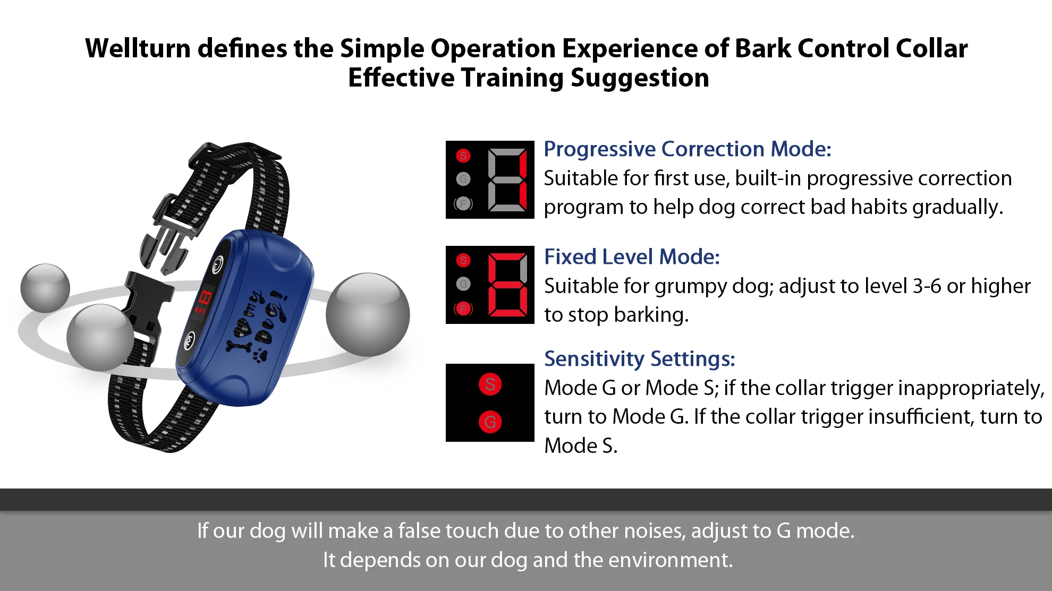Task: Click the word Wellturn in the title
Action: [x=138, y=49]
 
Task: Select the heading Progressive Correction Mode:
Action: [x=687, y=149]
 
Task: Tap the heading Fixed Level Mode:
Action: [x=632, y=257]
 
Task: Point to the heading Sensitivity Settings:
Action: [x=639, y=359]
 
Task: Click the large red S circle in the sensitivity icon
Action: [x=490, y=384]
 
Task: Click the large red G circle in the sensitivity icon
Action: [x=490, y=422]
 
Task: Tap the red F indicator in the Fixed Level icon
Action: [x=463, y=309]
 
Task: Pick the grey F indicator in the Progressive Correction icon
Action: [x=463, y=203]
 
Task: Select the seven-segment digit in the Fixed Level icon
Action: [x=508, y=285]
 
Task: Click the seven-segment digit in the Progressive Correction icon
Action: [x=508, y=179]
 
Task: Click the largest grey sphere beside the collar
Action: [x=368, y=314]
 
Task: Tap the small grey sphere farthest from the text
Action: [x=45, y=288]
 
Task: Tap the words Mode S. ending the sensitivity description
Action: [x=581, y=446]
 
